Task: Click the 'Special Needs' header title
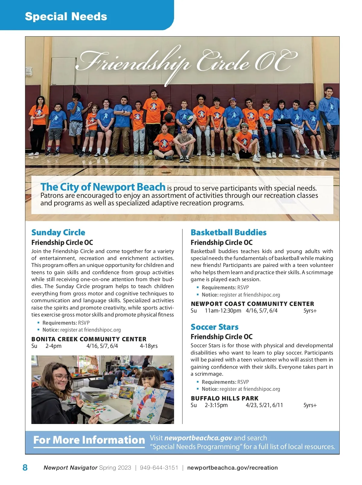(x=66, y=16)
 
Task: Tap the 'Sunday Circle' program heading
(x=58, y=232)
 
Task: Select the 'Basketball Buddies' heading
(x=228, y=232)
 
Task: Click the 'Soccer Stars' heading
(x=214, y=327)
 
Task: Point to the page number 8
(x=25, y=467)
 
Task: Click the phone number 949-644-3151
(x=159, y=467)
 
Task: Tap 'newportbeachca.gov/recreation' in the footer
(x=232, y=467)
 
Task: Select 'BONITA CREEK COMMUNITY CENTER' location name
(x=89, y=339)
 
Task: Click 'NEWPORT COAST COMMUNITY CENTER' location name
(x=252, y=304)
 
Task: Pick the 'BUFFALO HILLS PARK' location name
(x=224, y=398)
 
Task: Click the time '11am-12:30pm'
(x=223, y=311)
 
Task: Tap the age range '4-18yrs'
(x=148, y=346)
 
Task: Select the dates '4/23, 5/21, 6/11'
(x=264, y=405)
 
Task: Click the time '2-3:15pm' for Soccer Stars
(x=216, y=405)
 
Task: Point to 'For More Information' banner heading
(x=89, y=440)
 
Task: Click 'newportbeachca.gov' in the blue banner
(x=198, y=438)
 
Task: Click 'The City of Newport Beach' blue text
(x=103, y=187)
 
